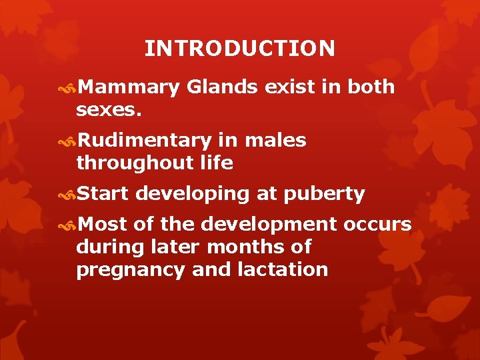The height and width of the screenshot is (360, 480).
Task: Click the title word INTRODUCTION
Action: coord(239,49)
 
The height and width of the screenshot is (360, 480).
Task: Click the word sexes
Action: coord(109,109)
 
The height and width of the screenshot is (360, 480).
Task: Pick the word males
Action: coord(275,141)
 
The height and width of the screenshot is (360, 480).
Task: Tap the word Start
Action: coord(103,194)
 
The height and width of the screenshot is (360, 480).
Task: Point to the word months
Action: coord(238,247)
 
